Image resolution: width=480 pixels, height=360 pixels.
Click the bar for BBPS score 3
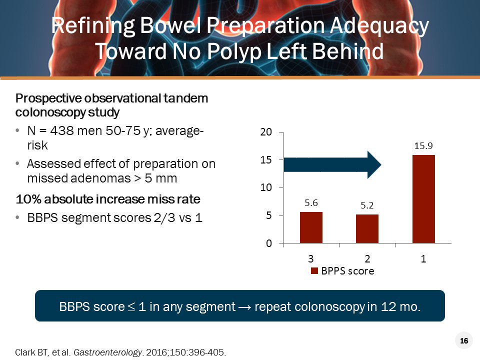tap(311, 228)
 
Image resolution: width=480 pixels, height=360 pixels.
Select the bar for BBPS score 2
tap(367, 229)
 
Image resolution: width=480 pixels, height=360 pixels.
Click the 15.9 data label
tap(423, 146)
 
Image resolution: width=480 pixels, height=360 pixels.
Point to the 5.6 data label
tap(311, 203)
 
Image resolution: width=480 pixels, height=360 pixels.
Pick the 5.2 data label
tap(367, 205)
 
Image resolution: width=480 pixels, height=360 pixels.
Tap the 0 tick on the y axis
tap(268, 243)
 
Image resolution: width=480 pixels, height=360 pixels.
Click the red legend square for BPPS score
tap(314, 271)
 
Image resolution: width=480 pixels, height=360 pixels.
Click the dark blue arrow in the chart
tap(332, 164)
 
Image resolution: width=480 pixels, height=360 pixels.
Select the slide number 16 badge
tap(464, 341)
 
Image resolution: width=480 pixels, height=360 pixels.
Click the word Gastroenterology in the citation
tap(100, 352)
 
